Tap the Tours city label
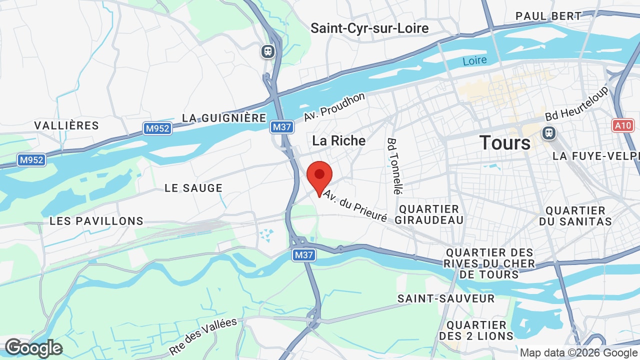505,143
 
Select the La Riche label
338,140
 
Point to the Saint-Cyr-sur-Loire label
369,28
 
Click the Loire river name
474,61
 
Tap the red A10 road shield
623,125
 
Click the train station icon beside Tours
549,133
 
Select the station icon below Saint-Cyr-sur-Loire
268,51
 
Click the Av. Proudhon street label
334,106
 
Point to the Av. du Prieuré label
355,205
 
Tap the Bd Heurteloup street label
577,103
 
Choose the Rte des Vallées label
202,336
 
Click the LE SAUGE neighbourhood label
193,188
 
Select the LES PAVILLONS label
96,221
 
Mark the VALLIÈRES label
66,125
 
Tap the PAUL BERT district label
548,16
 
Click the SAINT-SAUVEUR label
446,298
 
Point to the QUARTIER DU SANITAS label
575,216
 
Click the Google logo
33,348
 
